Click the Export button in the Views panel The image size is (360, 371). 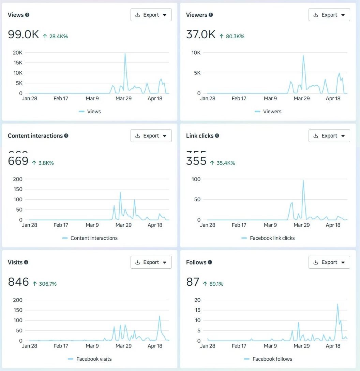click(x=151, y=15)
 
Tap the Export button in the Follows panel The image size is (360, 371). click(x=329, y=262)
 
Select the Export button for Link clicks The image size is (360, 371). click(x=329, y=136)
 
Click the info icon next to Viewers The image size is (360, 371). click(x=211, y=15)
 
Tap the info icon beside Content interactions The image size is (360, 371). click(x=66, y=136)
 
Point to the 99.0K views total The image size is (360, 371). click(x=24, y=34)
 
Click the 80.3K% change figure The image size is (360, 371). click(x=235, y=36)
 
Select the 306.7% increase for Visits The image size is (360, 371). click(x=47, y=284)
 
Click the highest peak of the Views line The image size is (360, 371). click(x=125, y=54)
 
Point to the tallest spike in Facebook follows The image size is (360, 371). click(x=337, y=304)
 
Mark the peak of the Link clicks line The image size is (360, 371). click(x=303, y=180)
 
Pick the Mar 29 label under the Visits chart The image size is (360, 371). click(x=123, y=346)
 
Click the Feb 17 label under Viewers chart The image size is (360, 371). click(x=239, y=99)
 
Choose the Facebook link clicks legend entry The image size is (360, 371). click(x=272, y=238)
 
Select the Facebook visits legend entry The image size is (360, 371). click(x=94, y=359)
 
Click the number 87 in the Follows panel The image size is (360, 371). click(x=193, y=282)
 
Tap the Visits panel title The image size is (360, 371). click(x=15, y=262)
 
